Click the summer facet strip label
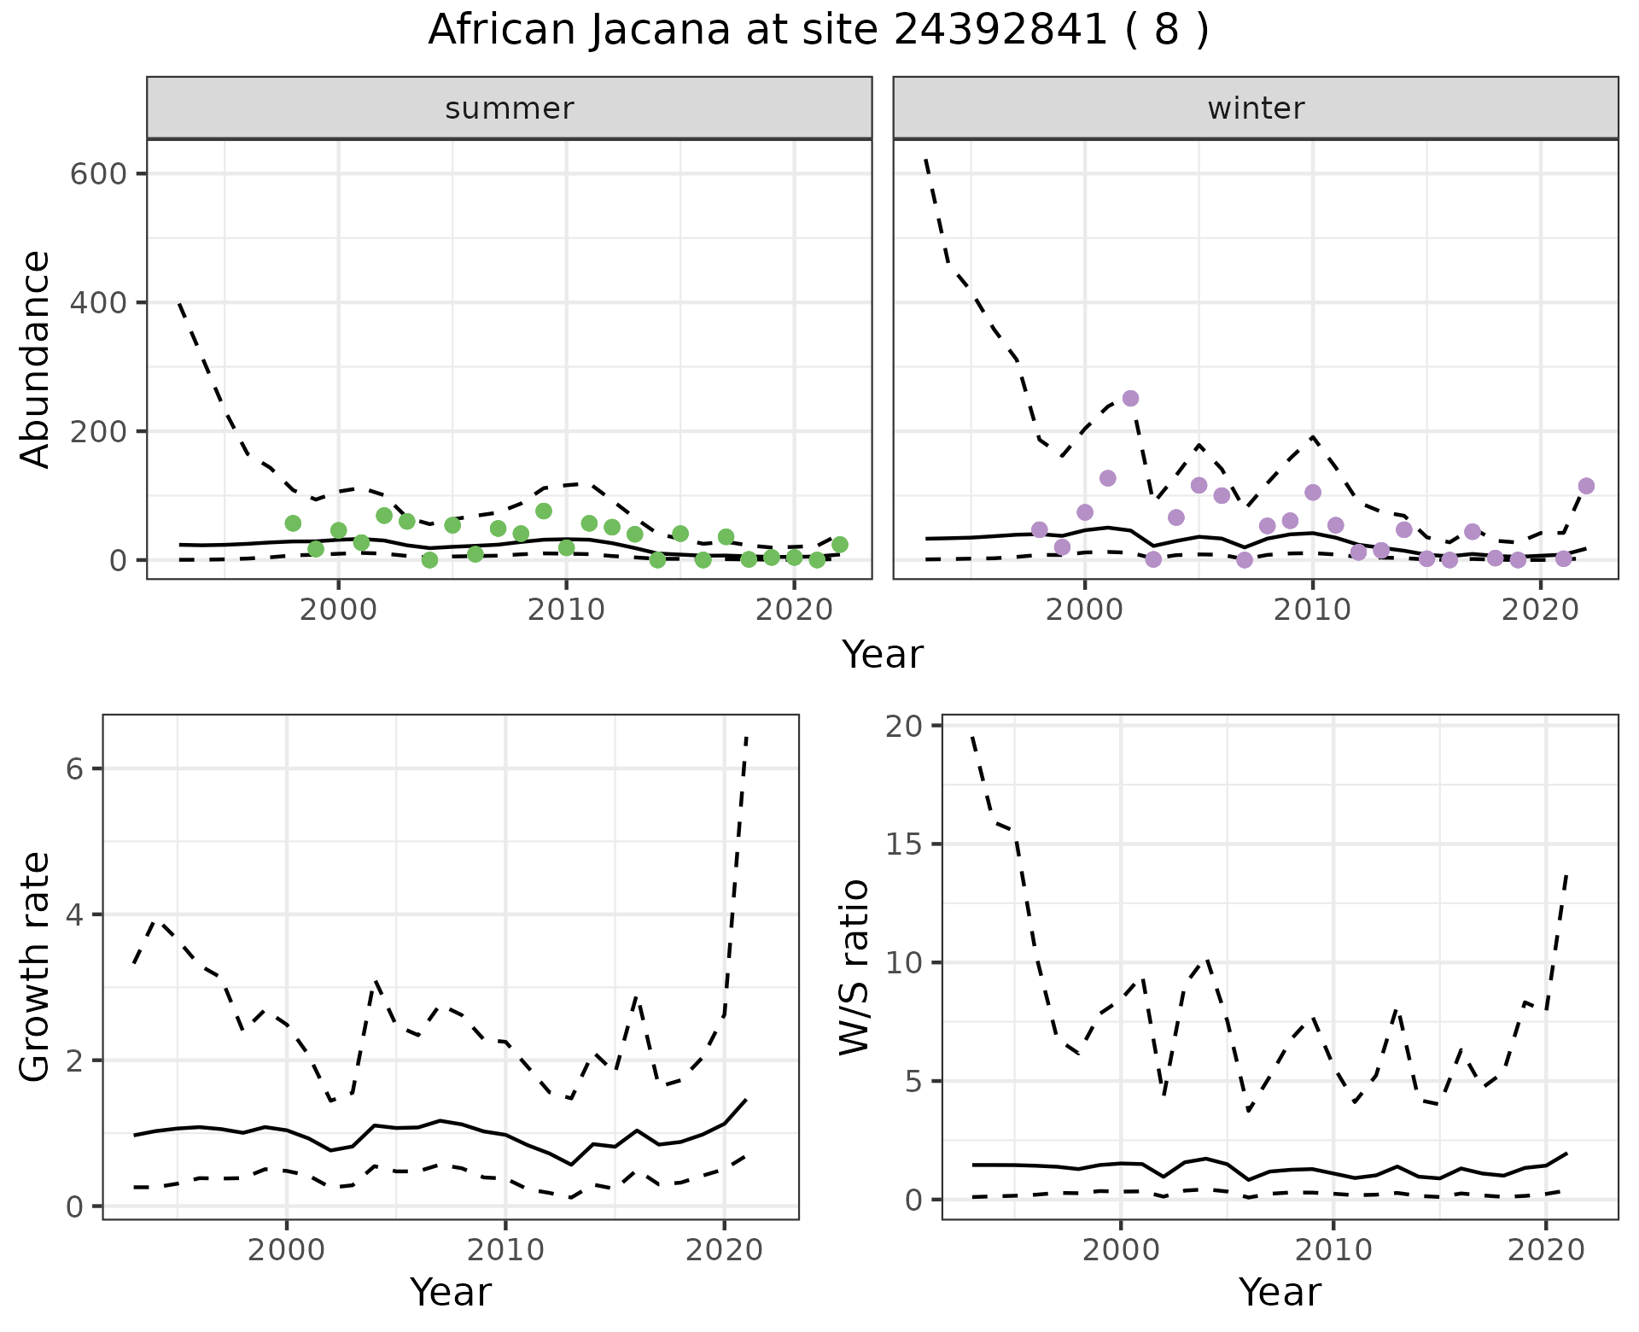click(510, 108)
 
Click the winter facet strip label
click(1256, 108)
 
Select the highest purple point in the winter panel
click(1130, 399)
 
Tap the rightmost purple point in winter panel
click(1586, 486)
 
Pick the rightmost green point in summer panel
click(840, 545)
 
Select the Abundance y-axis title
click(36, 359)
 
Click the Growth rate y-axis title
click(36, 967)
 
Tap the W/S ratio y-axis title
click(854, 967)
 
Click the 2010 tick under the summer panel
click(566, 610)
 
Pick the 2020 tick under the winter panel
click(1541, 610)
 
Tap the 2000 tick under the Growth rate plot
click(287, 1251)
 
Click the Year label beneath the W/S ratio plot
click(1280, 1293)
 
